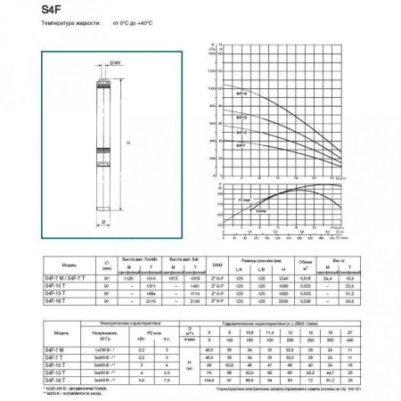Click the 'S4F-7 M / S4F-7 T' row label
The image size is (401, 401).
click(x=61, y=279)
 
